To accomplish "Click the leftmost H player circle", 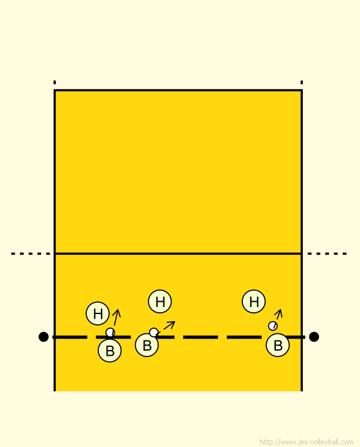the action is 98,313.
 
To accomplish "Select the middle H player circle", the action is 159,301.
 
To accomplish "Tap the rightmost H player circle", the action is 253,301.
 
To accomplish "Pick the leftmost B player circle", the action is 109,351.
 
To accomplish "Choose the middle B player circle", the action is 147,345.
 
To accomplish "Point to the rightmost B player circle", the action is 278,345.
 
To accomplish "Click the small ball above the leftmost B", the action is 110,333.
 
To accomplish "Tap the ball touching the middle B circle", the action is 154,333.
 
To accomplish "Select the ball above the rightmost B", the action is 273,326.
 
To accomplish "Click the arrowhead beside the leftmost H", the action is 117,312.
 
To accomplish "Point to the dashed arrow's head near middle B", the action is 172,323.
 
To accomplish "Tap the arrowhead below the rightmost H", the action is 279,313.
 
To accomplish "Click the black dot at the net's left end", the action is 43,337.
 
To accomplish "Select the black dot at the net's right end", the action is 314,337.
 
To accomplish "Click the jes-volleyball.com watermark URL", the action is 307,442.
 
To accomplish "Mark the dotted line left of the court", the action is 30,254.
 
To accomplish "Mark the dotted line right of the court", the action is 327,254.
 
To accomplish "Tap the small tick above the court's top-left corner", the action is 55,82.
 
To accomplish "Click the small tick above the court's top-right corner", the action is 301,82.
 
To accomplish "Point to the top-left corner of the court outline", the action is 55,90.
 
